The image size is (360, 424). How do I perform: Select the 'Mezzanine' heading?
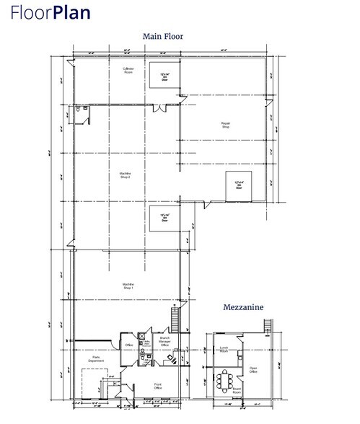242,307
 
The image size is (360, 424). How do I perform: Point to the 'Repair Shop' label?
225,125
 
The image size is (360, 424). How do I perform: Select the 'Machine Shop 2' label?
125,175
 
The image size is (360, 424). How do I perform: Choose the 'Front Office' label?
157,386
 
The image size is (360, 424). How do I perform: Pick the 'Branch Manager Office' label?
164,340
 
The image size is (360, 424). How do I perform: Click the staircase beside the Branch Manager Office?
173,317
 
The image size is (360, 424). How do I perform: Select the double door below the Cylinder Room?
161,108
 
